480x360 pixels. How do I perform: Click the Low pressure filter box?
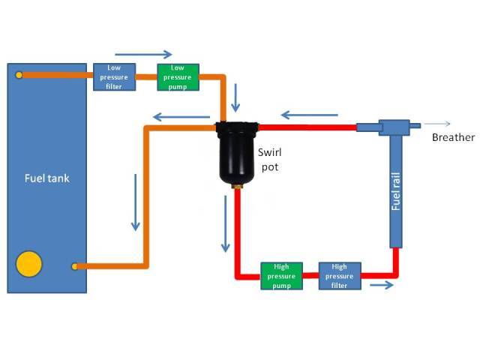[114, 76]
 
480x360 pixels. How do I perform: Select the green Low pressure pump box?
[178, 76]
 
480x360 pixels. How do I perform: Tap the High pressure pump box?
[281, 275]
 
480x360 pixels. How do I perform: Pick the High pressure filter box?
[340, 275]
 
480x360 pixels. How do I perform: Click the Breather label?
[453, 137]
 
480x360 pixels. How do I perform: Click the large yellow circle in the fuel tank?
[29, 264]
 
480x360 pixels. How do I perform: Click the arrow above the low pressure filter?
[142, 54]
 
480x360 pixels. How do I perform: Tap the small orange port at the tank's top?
[19, 74]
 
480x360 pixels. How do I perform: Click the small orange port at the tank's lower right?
[74, 265]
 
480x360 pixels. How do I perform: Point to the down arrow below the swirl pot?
[224, 222]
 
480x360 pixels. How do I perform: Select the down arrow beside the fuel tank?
[136, 202]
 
